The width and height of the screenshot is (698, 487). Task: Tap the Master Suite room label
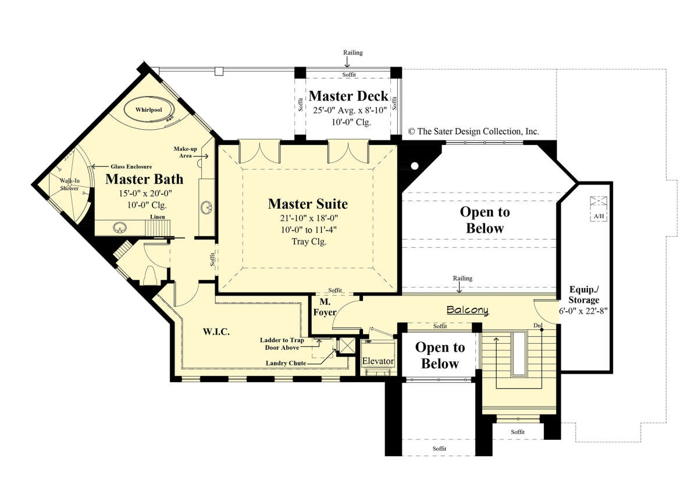click(308, 204)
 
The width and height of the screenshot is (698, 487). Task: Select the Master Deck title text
click(348, 96)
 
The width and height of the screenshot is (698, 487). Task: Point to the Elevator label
click(378, 361)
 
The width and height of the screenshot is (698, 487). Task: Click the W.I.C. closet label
click(216, 332)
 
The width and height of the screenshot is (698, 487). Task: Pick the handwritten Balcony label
click(468, 310)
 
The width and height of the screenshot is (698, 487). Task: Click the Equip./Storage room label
click(583, 294)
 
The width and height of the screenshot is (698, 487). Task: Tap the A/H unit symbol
click(599, 208)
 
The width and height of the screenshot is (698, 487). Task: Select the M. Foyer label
click(325, 307)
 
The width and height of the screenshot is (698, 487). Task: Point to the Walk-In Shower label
click(69, 184)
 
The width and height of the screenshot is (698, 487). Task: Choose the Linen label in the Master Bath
click(158, 216)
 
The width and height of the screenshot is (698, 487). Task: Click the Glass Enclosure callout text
click(131, 167)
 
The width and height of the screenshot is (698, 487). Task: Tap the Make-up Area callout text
click(186, 152)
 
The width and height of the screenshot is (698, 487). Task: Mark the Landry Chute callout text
click(286, 363)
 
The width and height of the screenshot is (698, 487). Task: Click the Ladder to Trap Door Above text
click(282, 344)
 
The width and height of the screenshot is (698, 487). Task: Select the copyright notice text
click(473, 131)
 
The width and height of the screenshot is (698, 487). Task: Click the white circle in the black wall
click(414, 166)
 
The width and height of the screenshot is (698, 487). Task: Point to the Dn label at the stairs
click(537, 325)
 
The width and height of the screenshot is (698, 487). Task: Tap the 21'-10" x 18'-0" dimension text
click(309, 218)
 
